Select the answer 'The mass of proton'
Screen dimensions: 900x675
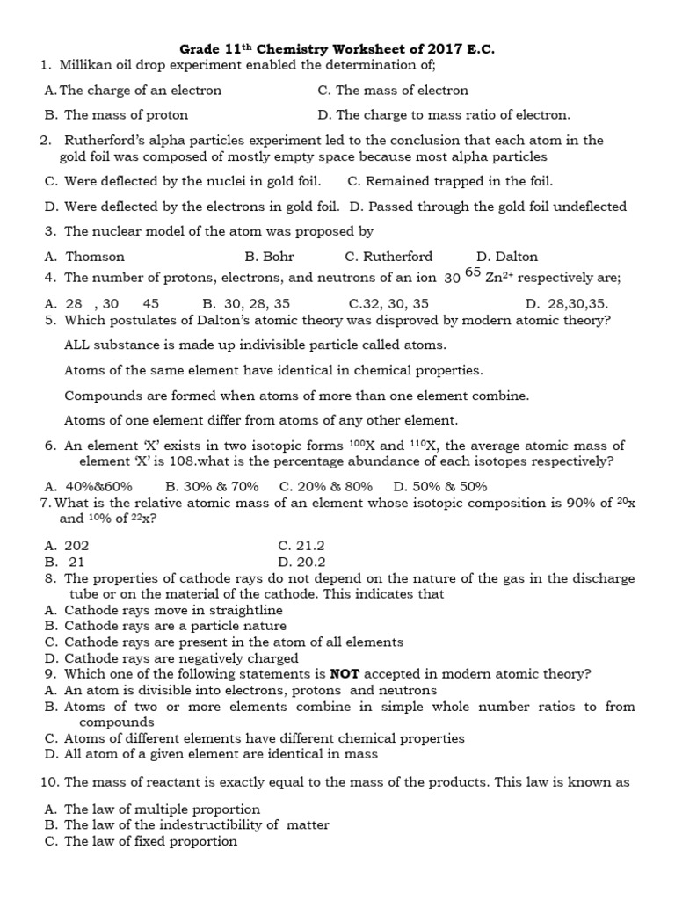(126, 114)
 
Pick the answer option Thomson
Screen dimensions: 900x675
(95, 257)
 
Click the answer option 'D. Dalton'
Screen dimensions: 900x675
(506, 257)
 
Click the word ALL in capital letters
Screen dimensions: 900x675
(79, 345)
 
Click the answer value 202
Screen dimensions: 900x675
(77, 546)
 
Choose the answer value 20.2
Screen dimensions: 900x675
(311, 562)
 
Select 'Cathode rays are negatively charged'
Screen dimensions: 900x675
(181, 658)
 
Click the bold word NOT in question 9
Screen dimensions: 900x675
(345, 674)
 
